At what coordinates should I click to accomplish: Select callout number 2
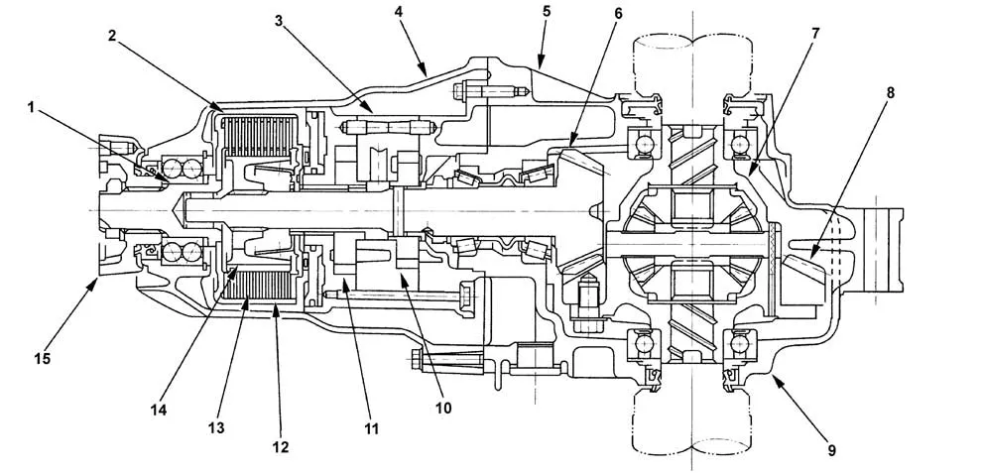coord(112,36)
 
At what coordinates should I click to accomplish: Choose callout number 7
coord(814,33)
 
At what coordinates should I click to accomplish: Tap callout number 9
coord(831,450)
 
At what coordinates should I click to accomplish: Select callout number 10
coord(442,407)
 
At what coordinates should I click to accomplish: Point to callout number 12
coord(281,446)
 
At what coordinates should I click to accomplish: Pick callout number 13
coord(216,427)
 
